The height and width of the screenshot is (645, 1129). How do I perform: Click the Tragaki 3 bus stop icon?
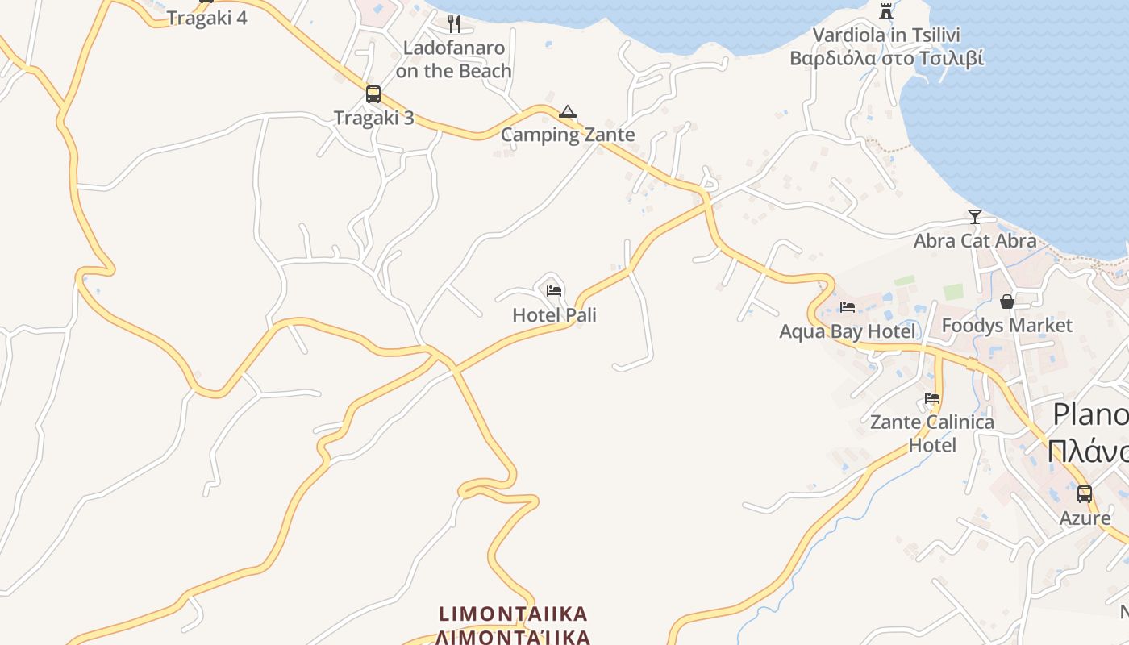373,94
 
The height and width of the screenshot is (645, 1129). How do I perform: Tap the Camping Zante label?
568,135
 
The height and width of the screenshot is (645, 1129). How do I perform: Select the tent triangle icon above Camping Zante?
568,111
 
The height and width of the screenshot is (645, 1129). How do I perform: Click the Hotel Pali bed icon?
554,290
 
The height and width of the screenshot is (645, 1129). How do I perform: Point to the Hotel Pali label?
554,315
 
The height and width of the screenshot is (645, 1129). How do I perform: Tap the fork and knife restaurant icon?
454,24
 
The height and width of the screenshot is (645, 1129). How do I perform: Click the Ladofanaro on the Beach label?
454,60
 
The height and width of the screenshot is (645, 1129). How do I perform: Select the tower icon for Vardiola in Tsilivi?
886,10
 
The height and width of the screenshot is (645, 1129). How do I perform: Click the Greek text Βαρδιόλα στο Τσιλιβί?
886,58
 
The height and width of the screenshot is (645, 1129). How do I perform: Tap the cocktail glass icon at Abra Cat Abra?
974,216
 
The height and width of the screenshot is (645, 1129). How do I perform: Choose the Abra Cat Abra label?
974,240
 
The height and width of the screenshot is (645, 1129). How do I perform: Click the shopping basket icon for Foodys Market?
1006,302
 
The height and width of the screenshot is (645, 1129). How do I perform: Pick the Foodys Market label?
1006,326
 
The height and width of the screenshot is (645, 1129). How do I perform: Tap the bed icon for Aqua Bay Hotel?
847,306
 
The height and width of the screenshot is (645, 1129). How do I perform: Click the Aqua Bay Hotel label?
847,331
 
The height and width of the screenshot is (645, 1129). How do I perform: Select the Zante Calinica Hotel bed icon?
932,397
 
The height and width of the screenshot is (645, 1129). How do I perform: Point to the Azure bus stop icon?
1085,493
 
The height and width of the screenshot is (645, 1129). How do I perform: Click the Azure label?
1085,518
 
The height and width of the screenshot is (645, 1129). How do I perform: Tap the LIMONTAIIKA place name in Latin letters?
513,614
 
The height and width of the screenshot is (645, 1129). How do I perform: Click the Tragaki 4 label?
207,18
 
